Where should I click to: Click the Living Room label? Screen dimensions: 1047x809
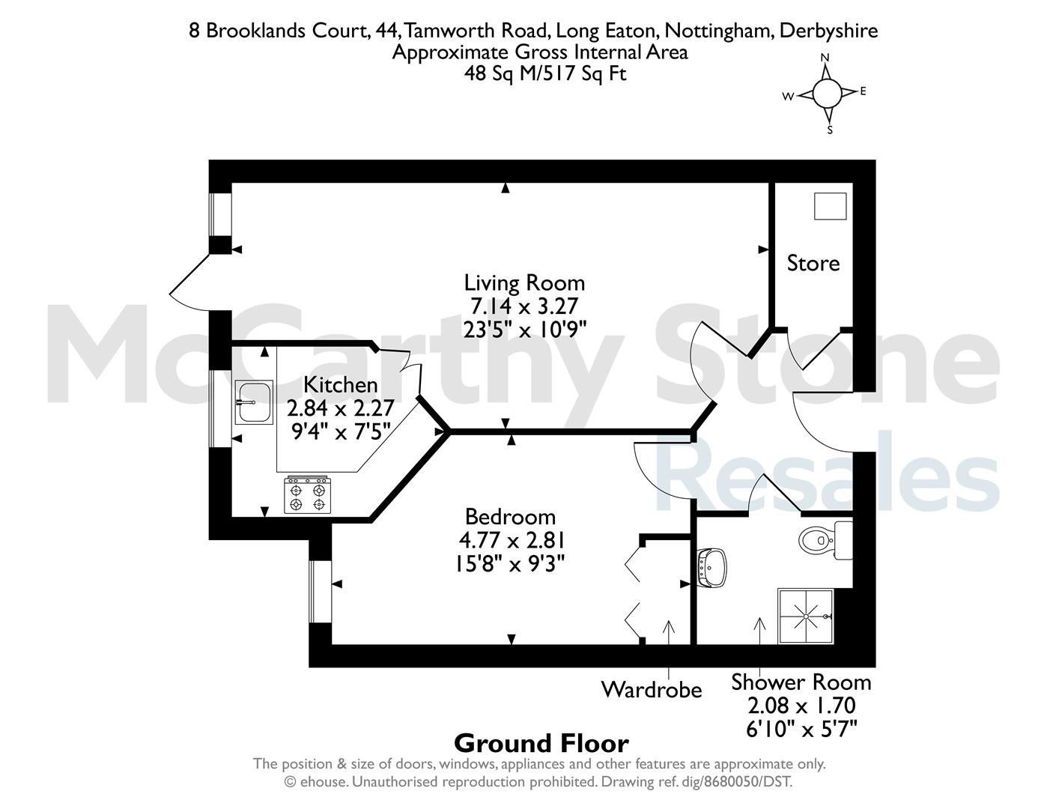524,283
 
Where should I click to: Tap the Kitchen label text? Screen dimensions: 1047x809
340,385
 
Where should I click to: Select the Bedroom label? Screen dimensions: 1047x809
510,517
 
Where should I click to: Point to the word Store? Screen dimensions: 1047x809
813,263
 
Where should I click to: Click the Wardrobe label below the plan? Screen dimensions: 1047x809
652,690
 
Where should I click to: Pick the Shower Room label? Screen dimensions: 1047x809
801,682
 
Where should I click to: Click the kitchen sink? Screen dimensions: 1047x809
254,402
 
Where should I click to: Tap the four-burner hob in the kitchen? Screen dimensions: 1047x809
307,494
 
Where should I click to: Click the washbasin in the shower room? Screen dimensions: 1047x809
711,568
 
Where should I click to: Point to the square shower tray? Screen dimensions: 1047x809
806,616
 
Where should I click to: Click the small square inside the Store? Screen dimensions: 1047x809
830,206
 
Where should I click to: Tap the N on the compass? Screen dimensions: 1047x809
825,58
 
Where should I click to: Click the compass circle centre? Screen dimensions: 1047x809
828,93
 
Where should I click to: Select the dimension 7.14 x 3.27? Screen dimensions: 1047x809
523,306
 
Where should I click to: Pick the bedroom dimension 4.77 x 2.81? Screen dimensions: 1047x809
512,541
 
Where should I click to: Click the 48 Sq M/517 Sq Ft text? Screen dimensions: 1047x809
545,73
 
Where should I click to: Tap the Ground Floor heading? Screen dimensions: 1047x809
541,744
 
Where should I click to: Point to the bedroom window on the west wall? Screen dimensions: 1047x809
321,592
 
